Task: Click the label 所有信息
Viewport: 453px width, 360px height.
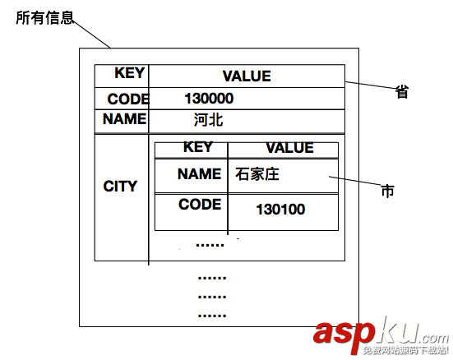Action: click(44, 18)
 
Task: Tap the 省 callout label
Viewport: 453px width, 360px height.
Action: click(402, 92)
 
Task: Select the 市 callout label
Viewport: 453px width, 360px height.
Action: click(387, 192)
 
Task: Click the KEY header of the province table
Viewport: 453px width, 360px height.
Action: click(129, 73)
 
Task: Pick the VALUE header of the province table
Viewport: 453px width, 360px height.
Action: click(246, 76)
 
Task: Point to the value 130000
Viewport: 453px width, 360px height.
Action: click(209, 99)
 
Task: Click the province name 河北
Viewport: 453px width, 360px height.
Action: click(208, 120)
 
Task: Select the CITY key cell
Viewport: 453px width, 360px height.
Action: click(120, 187)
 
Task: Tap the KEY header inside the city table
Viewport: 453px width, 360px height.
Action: click(197, 148)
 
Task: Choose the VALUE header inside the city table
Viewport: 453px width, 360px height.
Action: click(289, 148)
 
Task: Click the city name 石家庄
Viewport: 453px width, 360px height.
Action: click(257, 174)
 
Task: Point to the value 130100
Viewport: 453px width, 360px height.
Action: click(280, 210)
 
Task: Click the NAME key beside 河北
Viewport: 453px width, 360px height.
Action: click(124, 119)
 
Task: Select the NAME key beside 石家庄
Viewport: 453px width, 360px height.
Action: click(199, 174)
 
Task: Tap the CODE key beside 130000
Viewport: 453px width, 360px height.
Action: click(127, 99)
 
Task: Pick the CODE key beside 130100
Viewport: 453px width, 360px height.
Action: click(199, 205)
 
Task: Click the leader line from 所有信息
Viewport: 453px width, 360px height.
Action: click(92, 32)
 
